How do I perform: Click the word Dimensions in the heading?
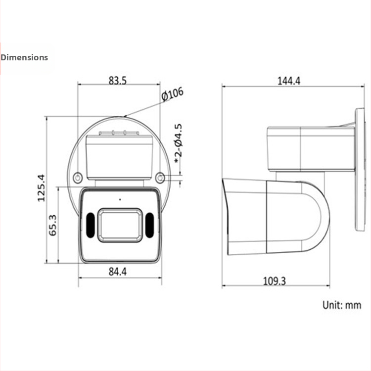click(x=24, y=57)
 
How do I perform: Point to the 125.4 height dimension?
click(x=41, y=188)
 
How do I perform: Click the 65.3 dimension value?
click(x=53, y=225)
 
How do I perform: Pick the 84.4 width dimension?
click(x=117, y=271)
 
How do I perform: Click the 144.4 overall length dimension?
click(x=289, y=81)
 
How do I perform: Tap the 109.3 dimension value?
click(x=274, y=281)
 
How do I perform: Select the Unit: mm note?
click(x=342, y=305)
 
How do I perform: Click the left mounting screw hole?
click(x=78, y=178)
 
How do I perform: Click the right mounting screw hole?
click(x=160, y=178)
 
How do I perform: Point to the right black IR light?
click(x=149, y=225)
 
